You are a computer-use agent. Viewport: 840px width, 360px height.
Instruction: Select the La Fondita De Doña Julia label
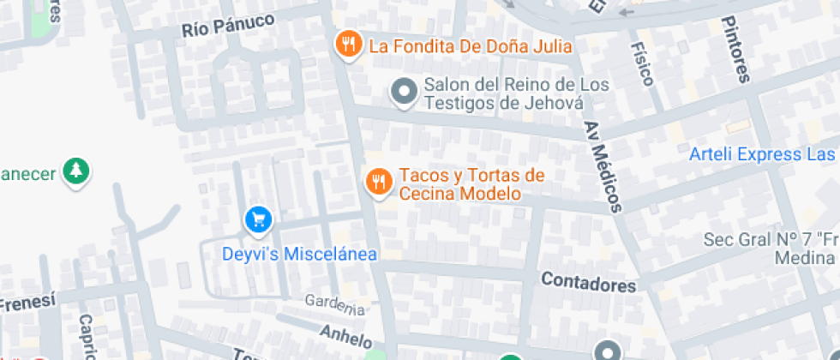470,45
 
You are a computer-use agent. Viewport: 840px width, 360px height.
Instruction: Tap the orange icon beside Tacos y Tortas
379,181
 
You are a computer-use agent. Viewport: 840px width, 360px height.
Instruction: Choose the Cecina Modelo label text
459,194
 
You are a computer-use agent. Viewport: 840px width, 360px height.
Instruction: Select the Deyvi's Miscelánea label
299,254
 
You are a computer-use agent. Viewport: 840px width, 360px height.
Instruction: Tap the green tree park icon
77,171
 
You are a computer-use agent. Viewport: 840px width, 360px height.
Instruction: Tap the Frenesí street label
27,302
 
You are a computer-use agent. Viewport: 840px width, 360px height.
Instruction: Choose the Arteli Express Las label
762,154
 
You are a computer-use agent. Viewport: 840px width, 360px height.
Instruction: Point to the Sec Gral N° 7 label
770,239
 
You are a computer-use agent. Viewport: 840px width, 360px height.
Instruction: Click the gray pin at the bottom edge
608,351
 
